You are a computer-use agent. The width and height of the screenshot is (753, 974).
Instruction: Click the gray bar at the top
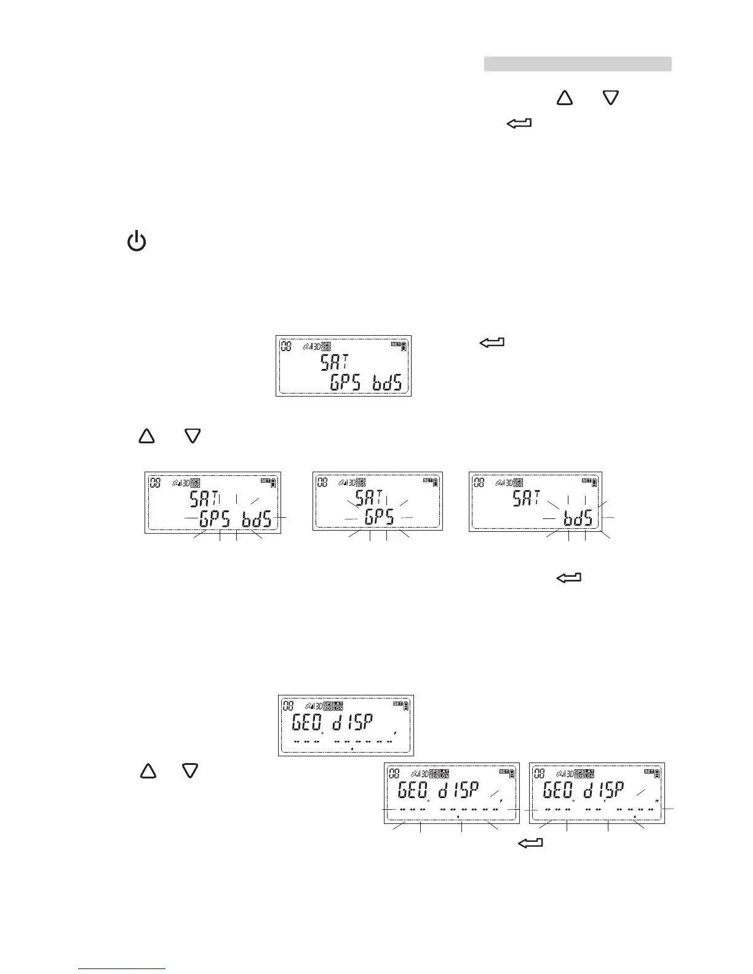[577, 64]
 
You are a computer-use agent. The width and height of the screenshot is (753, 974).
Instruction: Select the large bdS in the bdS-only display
[578, 518]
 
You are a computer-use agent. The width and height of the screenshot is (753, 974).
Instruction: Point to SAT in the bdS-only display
[527, 498]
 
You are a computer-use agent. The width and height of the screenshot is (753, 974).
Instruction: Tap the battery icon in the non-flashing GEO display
[405, 707]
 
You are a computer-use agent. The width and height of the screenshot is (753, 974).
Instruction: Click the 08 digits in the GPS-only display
[322, 483]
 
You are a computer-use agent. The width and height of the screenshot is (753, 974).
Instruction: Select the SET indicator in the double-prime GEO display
[648, 771]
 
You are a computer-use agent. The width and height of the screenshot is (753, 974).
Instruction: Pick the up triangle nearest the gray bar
[564, 98]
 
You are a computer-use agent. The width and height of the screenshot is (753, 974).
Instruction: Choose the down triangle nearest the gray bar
[610, 98]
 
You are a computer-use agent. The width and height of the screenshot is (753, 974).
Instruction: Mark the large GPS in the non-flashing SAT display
[348, 382]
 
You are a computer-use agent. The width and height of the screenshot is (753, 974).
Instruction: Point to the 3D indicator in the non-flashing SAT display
[316, 346]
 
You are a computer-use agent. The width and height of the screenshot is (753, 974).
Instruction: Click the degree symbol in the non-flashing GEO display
[322, 733]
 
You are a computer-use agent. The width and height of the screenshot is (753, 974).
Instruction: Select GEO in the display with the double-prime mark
[557, 790]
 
